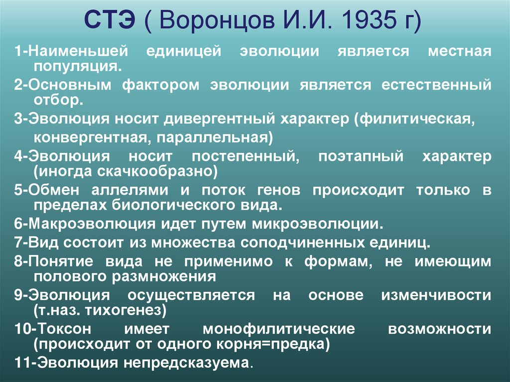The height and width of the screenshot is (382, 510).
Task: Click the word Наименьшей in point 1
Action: tap(79, 52)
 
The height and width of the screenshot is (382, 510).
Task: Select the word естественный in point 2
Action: tap(436, 85)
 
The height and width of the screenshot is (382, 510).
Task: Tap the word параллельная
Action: tap(220, 136)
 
